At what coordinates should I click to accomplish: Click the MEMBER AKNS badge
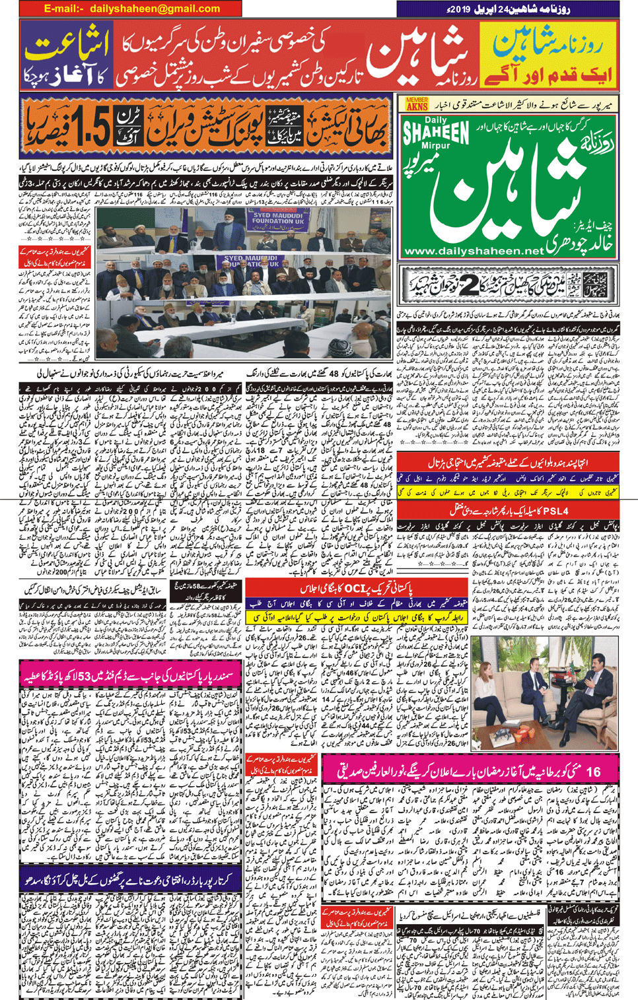(x=416, y=104)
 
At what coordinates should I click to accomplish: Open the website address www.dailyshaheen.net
(x=473, y=251)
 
